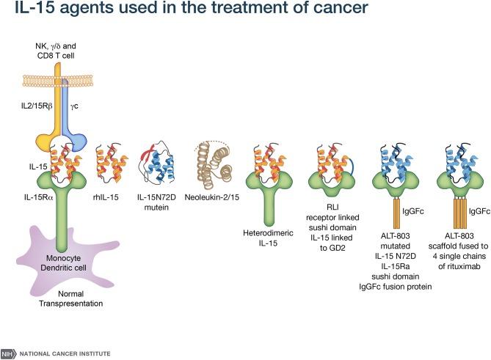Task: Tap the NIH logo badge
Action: [x=8, y=353]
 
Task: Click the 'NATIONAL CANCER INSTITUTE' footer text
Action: [x=65, y=353]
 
